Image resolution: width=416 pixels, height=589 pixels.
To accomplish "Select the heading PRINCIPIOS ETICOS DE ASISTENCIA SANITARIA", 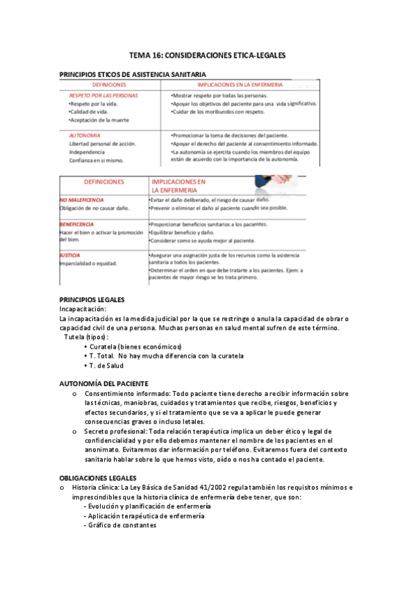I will tap(132, 74).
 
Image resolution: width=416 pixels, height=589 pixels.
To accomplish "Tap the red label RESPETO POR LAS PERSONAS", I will tap(103, 95).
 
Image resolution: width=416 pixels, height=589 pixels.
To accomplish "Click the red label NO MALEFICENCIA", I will tap(82, 199).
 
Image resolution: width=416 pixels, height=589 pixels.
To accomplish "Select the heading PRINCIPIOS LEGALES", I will tap(92, 299).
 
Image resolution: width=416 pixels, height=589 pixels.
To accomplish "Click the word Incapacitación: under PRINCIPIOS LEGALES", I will tap(83, 308).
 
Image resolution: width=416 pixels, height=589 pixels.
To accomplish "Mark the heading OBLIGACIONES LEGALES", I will tap(98, 478).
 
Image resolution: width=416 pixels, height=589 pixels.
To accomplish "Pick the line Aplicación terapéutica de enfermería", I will tap(143, 516).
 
